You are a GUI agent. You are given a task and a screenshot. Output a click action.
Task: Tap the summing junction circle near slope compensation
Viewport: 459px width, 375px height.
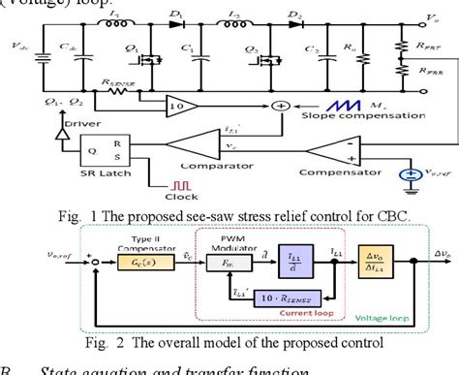pos(282,105)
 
